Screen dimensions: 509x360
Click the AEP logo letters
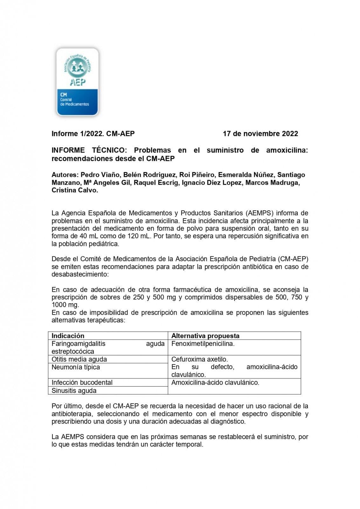coord(78,82)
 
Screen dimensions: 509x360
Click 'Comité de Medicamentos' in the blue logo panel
coord(74,102)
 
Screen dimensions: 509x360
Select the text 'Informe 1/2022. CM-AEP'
coord(93,134)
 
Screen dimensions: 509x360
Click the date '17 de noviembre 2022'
coord(260,134)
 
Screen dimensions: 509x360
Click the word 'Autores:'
coord(65,175)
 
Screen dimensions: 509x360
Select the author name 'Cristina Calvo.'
coord(75,190)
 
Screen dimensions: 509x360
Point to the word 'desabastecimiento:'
coord(80,274)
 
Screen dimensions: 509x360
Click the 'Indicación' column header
coord(68,336)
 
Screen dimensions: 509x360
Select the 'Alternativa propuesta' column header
coord(205,336)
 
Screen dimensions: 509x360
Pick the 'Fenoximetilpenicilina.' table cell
coord(203,344)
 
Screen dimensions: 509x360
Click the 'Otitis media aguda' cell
coord(79,359)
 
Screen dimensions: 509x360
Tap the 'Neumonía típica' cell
coord(76,367)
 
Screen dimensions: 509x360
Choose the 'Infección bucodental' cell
coord(82,382)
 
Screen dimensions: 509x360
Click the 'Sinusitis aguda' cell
coord(74,390)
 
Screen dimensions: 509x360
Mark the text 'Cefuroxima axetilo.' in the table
coord(199,359)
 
